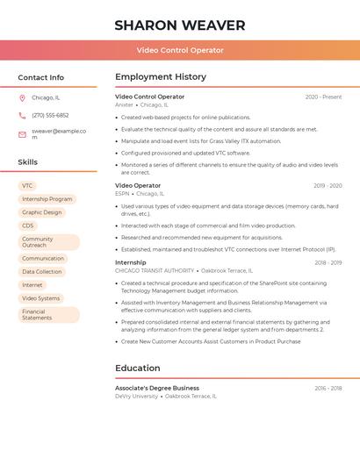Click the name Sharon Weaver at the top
179,25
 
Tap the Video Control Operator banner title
179,51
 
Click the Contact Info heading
40,77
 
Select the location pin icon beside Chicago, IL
22,97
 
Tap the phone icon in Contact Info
22,115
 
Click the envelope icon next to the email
22,134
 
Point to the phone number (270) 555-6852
50,115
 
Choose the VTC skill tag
27,186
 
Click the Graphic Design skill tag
42,212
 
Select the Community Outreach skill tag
48,242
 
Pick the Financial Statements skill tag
48,314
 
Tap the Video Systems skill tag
40,298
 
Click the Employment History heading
161,77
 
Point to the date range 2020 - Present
323,97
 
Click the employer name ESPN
122,193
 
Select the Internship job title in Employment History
131,262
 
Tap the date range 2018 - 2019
328,262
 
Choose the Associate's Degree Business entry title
157,388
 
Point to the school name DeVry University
136,396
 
